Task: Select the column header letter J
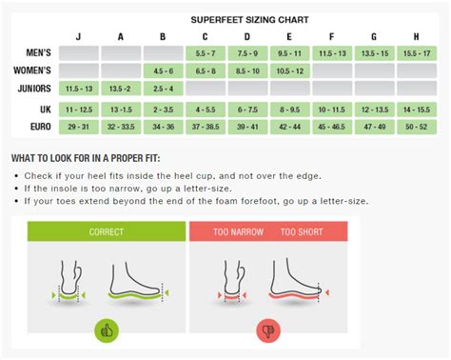80,36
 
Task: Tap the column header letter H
417,36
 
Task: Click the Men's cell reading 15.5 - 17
417,52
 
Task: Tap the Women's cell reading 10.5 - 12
290,70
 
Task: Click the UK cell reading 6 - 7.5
248,109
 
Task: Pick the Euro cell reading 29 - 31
80,126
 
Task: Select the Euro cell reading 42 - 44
290,126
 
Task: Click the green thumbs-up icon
106,330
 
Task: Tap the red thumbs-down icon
267,330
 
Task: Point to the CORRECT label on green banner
106,231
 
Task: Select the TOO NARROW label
239,231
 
